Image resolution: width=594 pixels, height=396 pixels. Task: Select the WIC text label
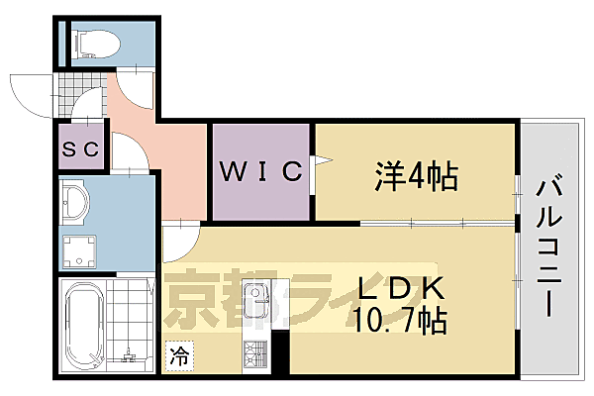pos(259,171)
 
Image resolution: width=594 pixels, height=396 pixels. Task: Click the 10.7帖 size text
pos(401,321)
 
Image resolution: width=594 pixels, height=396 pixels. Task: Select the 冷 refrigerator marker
pos(178,351)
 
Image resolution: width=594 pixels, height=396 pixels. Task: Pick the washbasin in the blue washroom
pos(73,203)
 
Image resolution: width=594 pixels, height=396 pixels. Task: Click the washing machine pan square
pos(78,250)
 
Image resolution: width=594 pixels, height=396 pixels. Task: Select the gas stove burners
pos(254,353)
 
